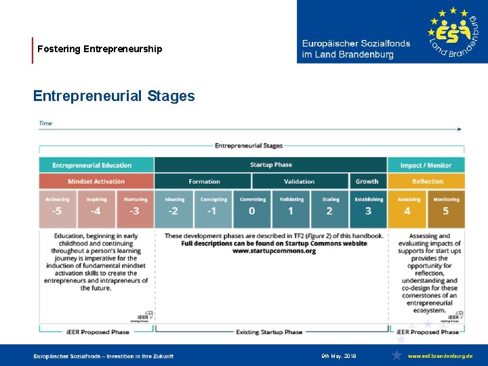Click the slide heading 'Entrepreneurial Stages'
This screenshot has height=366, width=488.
pyautogui.click(x=114, y=96)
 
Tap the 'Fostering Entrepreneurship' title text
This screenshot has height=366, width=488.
pyautogui.click(x=100, y=49)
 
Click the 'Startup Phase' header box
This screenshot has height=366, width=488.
pyautogui.click(x=270, y=165)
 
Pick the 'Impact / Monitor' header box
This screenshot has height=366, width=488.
pyautogui.click(x=426, y=165)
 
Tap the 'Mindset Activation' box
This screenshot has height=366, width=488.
pyautogui.click(x=96, y=181)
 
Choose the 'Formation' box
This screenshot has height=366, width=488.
pyautogui.click(x=204, y=181)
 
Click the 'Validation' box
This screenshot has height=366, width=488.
pyautogui.click(x=299, y=181)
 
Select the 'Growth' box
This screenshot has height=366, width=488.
pyautogui.click(x=367, y=181)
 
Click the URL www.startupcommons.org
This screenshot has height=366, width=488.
pyautogui.click(x=274, y=251)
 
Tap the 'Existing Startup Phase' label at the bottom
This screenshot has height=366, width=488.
pyautogui.click(x=269, y=332)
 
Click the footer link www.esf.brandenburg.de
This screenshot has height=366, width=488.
pyautogui.click(x=441, y=356)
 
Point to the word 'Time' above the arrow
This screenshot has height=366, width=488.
pyautogui.click(x=45, y=123)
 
